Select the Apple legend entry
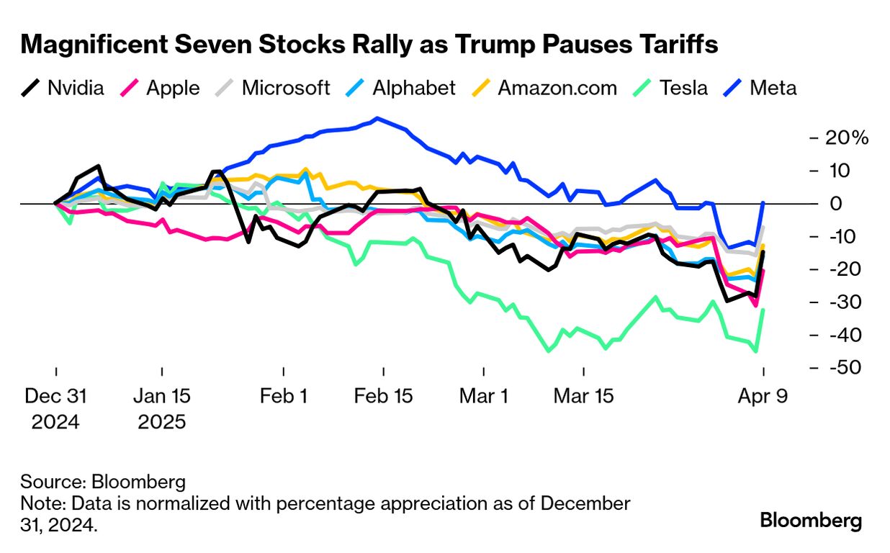click(x=161, y=89)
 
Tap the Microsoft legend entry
click(x=274, y=89)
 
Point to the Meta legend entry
click(x=762, y=89)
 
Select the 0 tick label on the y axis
click(x=835, y=204)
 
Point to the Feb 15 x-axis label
click(x=383, y=396)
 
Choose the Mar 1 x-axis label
click(x=483, y=396)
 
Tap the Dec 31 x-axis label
click(x=55, y=396)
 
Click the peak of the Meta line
click(x=377, y=119)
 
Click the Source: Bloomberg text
click(x=103, y=482)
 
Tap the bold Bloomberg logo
click(x=811, y=521)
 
